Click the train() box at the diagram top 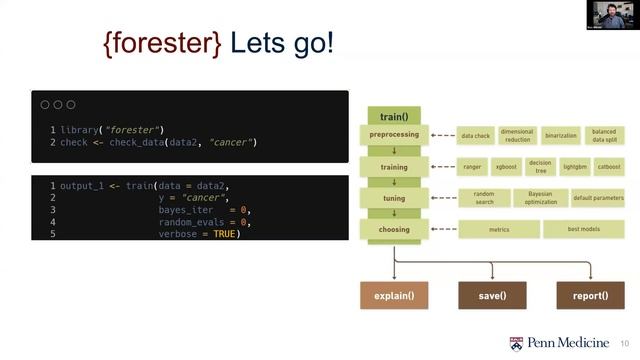click(393, 117)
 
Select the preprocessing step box click(393, 135)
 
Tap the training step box click(393, 166)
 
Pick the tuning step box click(393, 198)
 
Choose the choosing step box click(393, 229)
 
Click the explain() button click(394, 296)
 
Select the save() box click(492, 296)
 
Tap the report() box click(590, 296)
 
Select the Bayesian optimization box click(540, 198)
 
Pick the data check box click(475, 135)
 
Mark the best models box click(583, 230)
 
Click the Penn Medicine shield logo click(516, 343)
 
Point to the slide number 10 click(625, 344)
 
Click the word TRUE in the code click(227, 234)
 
